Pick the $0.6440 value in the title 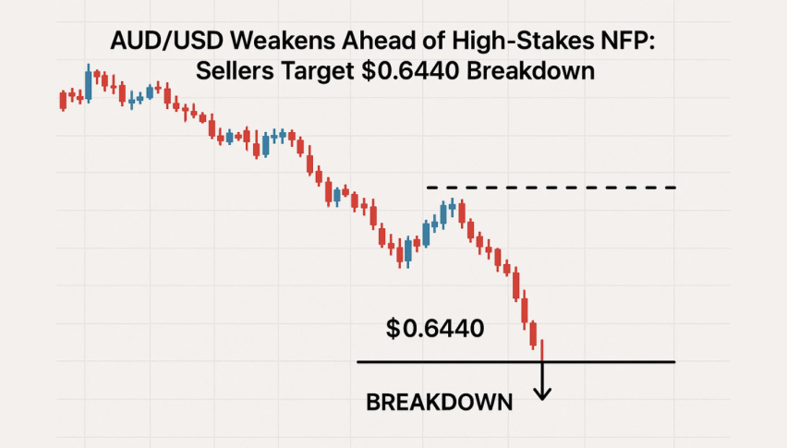(415, 71)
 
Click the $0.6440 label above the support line (435, 327)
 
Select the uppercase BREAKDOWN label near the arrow (439, 403)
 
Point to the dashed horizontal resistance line (554, 188)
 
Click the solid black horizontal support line (443, 361)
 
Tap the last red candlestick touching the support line (534, 333)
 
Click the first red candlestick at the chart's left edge (63, 100)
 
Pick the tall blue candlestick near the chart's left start (89, 84)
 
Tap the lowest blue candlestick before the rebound (407, 250)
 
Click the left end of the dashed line (430, 188)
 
